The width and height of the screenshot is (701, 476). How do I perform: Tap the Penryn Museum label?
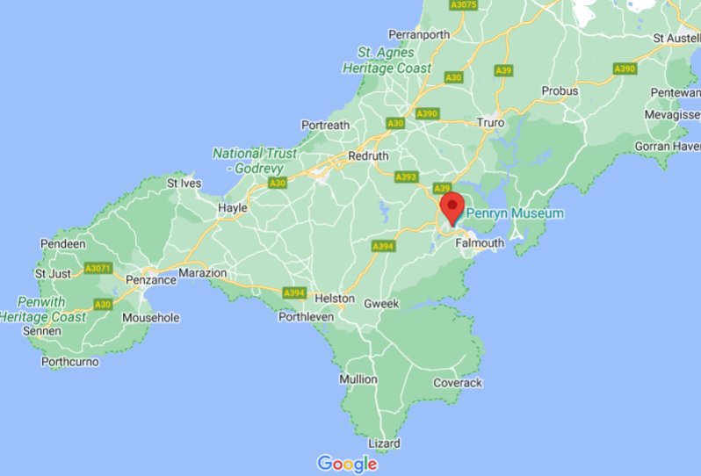pos(514,213)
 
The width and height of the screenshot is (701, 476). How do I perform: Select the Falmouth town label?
pos(480,243)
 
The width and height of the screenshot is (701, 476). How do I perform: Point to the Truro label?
pos(490,123)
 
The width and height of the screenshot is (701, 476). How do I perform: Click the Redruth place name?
pos(368,155)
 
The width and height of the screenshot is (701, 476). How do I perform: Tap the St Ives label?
pos(184,184)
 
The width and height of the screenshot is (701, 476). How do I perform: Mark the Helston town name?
pos(335,299)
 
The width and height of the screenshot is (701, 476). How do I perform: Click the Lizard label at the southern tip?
pos(384,444)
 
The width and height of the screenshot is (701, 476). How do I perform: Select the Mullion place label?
pos(358,379)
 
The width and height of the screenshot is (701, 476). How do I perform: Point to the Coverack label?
pos(458,383)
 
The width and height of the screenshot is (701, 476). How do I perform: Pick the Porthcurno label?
pos(70,361)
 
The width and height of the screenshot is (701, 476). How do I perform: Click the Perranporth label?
pos(419,35)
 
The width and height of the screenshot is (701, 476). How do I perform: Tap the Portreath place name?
pos(325,126)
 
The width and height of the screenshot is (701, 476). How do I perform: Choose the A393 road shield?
pos(406,177)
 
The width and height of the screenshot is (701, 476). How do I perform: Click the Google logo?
pos(347,463)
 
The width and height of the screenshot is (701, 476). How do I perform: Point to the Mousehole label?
pos(150,317)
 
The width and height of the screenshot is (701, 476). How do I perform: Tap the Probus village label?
pos(560,90)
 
